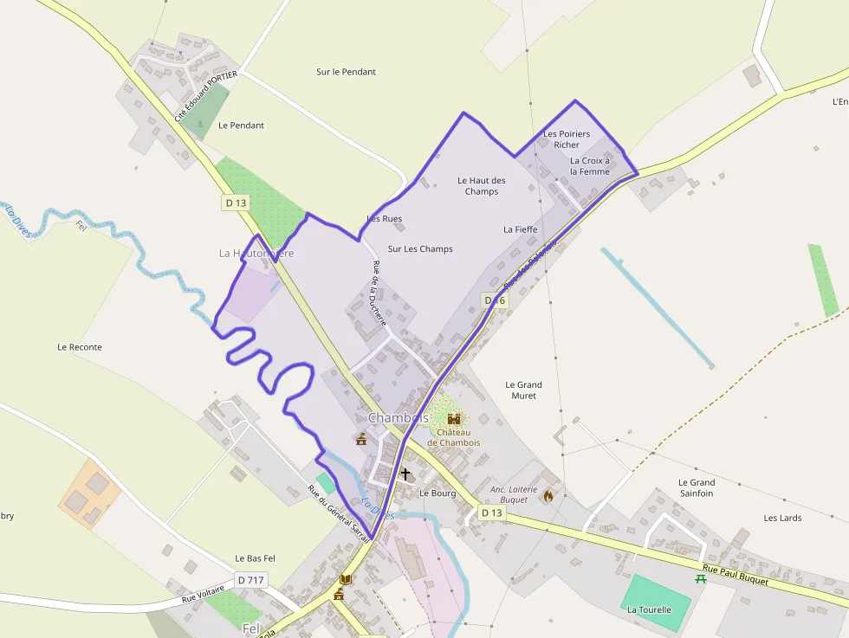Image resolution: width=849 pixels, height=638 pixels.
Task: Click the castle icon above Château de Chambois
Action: click(x=454, y=419)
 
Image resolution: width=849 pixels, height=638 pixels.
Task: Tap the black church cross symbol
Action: click(x=405, y=474)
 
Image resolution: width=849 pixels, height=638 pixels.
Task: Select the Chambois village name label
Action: click(x=399, y=418)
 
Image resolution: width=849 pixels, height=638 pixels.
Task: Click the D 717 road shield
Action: click(x=251, y=579)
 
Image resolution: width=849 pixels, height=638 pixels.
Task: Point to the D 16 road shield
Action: click(x=495, y=300)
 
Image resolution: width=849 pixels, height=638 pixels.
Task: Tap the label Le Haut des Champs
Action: click(x=482, y=186)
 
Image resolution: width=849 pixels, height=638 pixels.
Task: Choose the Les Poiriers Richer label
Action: click(x=567, y=139)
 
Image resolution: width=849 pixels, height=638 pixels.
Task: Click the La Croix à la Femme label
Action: click(x=590, y=166)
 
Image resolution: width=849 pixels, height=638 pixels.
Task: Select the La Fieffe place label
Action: click(x=521, y=229)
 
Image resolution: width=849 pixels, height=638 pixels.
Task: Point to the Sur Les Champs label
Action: click(x=420, y=249)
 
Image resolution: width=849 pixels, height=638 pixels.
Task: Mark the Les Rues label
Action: click(x=385, y=219)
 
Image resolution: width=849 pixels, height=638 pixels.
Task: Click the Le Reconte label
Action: click(x=80, y=347)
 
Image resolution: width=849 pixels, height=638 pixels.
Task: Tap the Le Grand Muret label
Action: click(x=523, y=390)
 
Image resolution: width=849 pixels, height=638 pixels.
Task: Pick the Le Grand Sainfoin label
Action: click(x=697, y=487)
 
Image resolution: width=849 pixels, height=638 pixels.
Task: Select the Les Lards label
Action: click(x=782, y=518)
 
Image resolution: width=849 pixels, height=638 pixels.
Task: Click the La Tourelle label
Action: click(x=649, y=609)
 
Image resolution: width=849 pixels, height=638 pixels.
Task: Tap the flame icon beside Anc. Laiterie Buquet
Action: click(x=548, y=496)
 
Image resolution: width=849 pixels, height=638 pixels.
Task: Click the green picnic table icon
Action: click(x=700, y=578)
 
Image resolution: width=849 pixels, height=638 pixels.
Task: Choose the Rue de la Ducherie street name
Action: click(x=377, y=293)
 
